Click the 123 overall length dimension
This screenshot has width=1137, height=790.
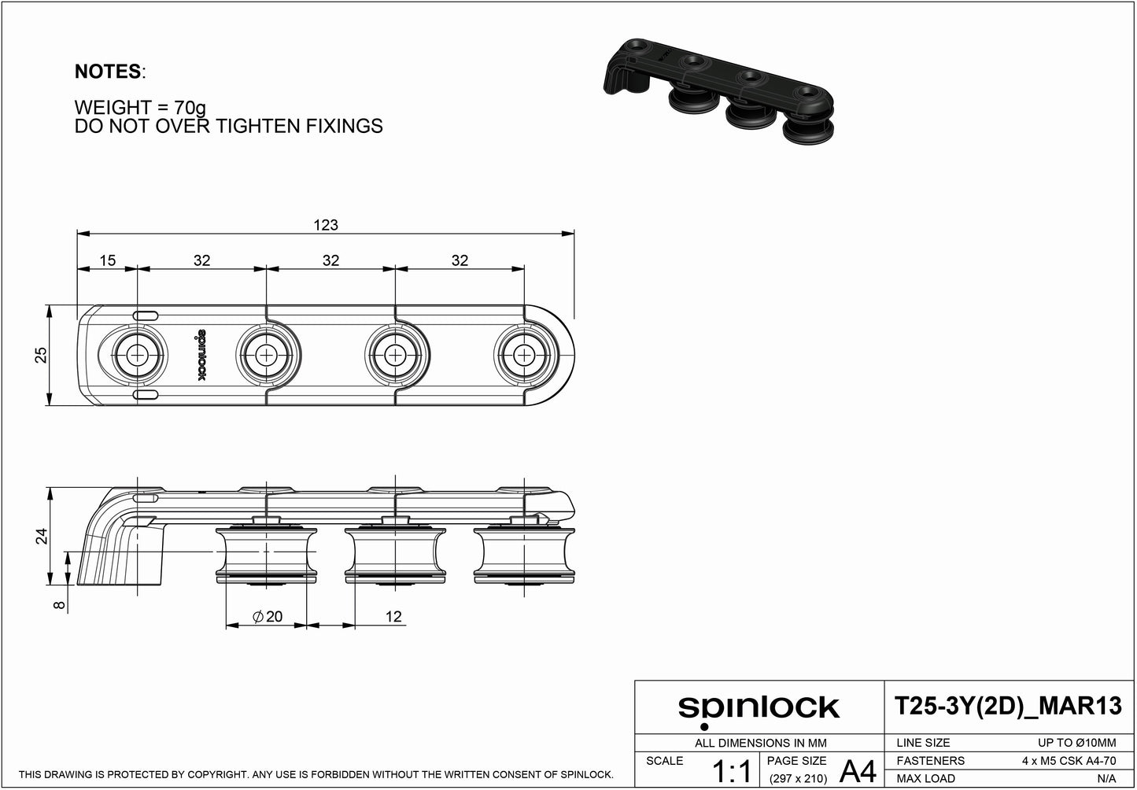tap(326, 225)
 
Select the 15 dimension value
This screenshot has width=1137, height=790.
tap(107, 260)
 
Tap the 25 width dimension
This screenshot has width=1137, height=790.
tap(42, 355)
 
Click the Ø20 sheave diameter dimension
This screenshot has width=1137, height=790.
tap(268, 617)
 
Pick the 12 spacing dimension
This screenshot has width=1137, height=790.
tap(393, 617)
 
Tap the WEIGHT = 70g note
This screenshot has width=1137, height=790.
tap(140, 107)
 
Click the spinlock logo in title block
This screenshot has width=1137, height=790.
tap(759, 708)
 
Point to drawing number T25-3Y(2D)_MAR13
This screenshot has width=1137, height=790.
tap(1009, 707)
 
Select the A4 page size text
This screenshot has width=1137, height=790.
tap(858, 771)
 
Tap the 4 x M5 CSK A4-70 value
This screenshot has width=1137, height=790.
tap(1068, 761)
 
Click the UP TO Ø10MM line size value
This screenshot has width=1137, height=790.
tap(1076, 743)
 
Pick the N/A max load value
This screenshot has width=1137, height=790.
tap(1106, 778)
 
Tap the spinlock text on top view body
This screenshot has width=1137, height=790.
tap(199, 356)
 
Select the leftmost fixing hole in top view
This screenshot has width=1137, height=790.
tap(138, 355)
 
